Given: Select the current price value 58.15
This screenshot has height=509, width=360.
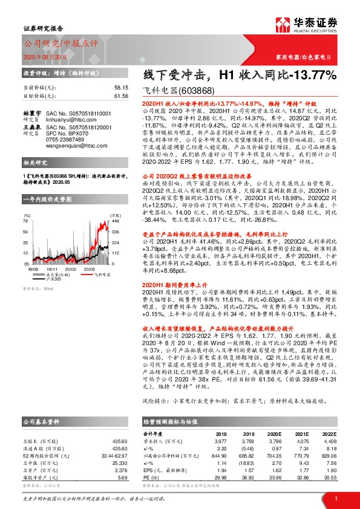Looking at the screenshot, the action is [x=120, y=88].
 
